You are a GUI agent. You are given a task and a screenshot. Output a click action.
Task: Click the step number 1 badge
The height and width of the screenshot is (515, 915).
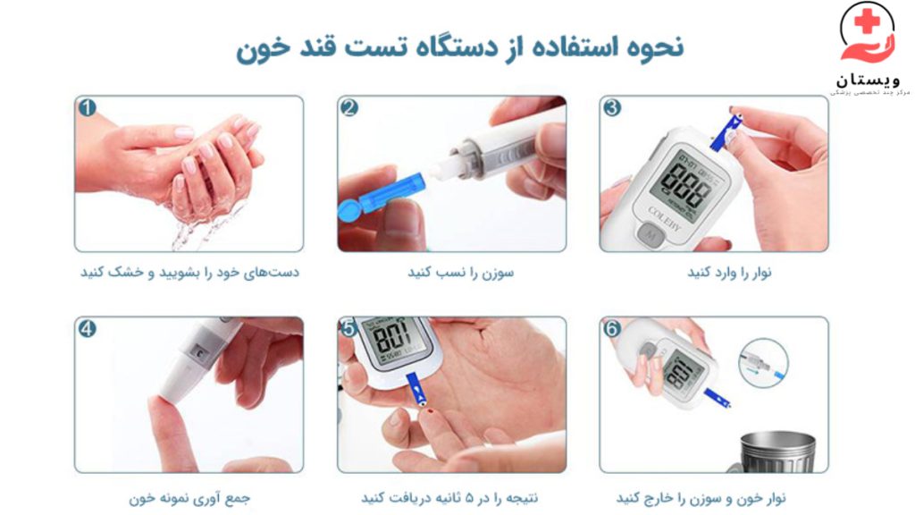pos(87,108)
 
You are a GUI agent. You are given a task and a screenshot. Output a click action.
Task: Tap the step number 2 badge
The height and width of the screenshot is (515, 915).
pos(349,108)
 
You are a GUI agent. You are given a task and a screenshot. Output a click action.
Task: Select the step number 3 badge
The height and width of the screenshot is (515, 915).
pos(612,108)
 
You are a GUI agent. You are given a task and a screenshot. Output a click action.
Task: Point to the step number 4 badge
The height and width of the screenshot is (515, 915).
pos(87,329)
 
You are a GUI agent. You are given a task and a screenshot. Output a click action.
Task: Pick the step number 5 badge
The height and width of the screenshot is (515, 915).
pos(349,329)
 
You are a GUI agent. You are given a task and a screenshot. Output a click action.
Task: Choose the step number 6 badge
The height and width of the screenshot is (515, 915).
pos(612,329)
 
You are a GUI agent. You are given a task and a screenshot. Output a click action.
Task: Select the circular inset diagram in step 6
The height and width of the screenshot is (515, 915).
pos(762,362)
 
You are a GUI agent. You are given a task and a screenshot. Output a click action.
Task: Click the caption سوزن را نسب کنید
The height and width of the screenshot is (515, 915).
pos(451,272)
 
